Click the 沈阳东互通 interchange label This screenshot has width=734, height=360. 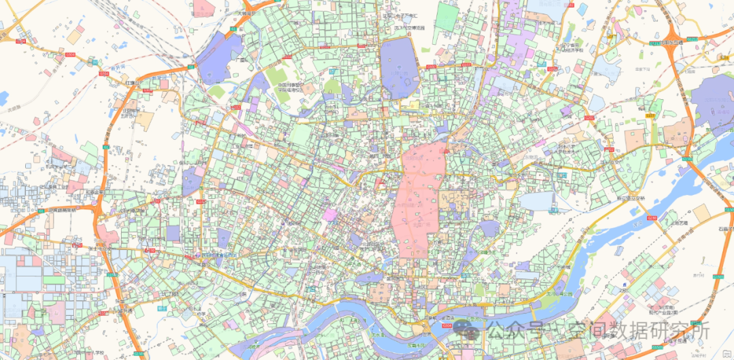(x=665, y=41)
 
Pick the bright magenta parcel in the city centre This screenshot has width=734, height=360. (x=330, y=215)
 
